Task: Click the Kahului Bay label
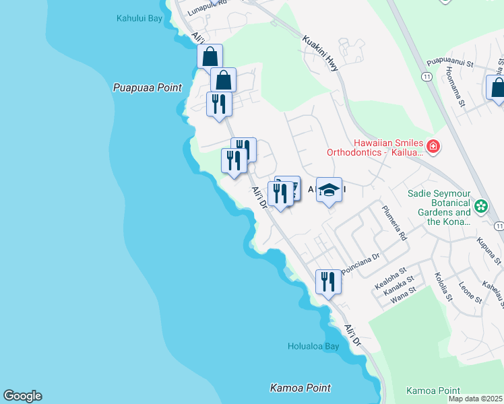tap(139, 19)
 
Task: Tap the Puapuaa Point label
tap(139, 88)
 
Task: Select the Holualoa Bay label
tap(313, 347)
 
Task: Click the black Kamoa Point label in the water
tap(301, 388)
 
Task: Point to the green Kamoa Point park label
tap(433, 391)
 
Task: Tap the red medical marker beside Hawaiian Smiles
tap(433, 145)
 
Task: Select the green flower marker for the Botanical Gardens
tap(481, 206)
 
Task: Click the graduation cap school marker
tap(329, 190)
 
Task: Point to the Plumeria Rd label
tap(395, 224)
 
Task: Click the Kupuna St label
tap(489, 250)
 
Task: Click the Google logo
tap(22, 396)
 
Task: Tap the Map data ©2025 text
tap(476, 399)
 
